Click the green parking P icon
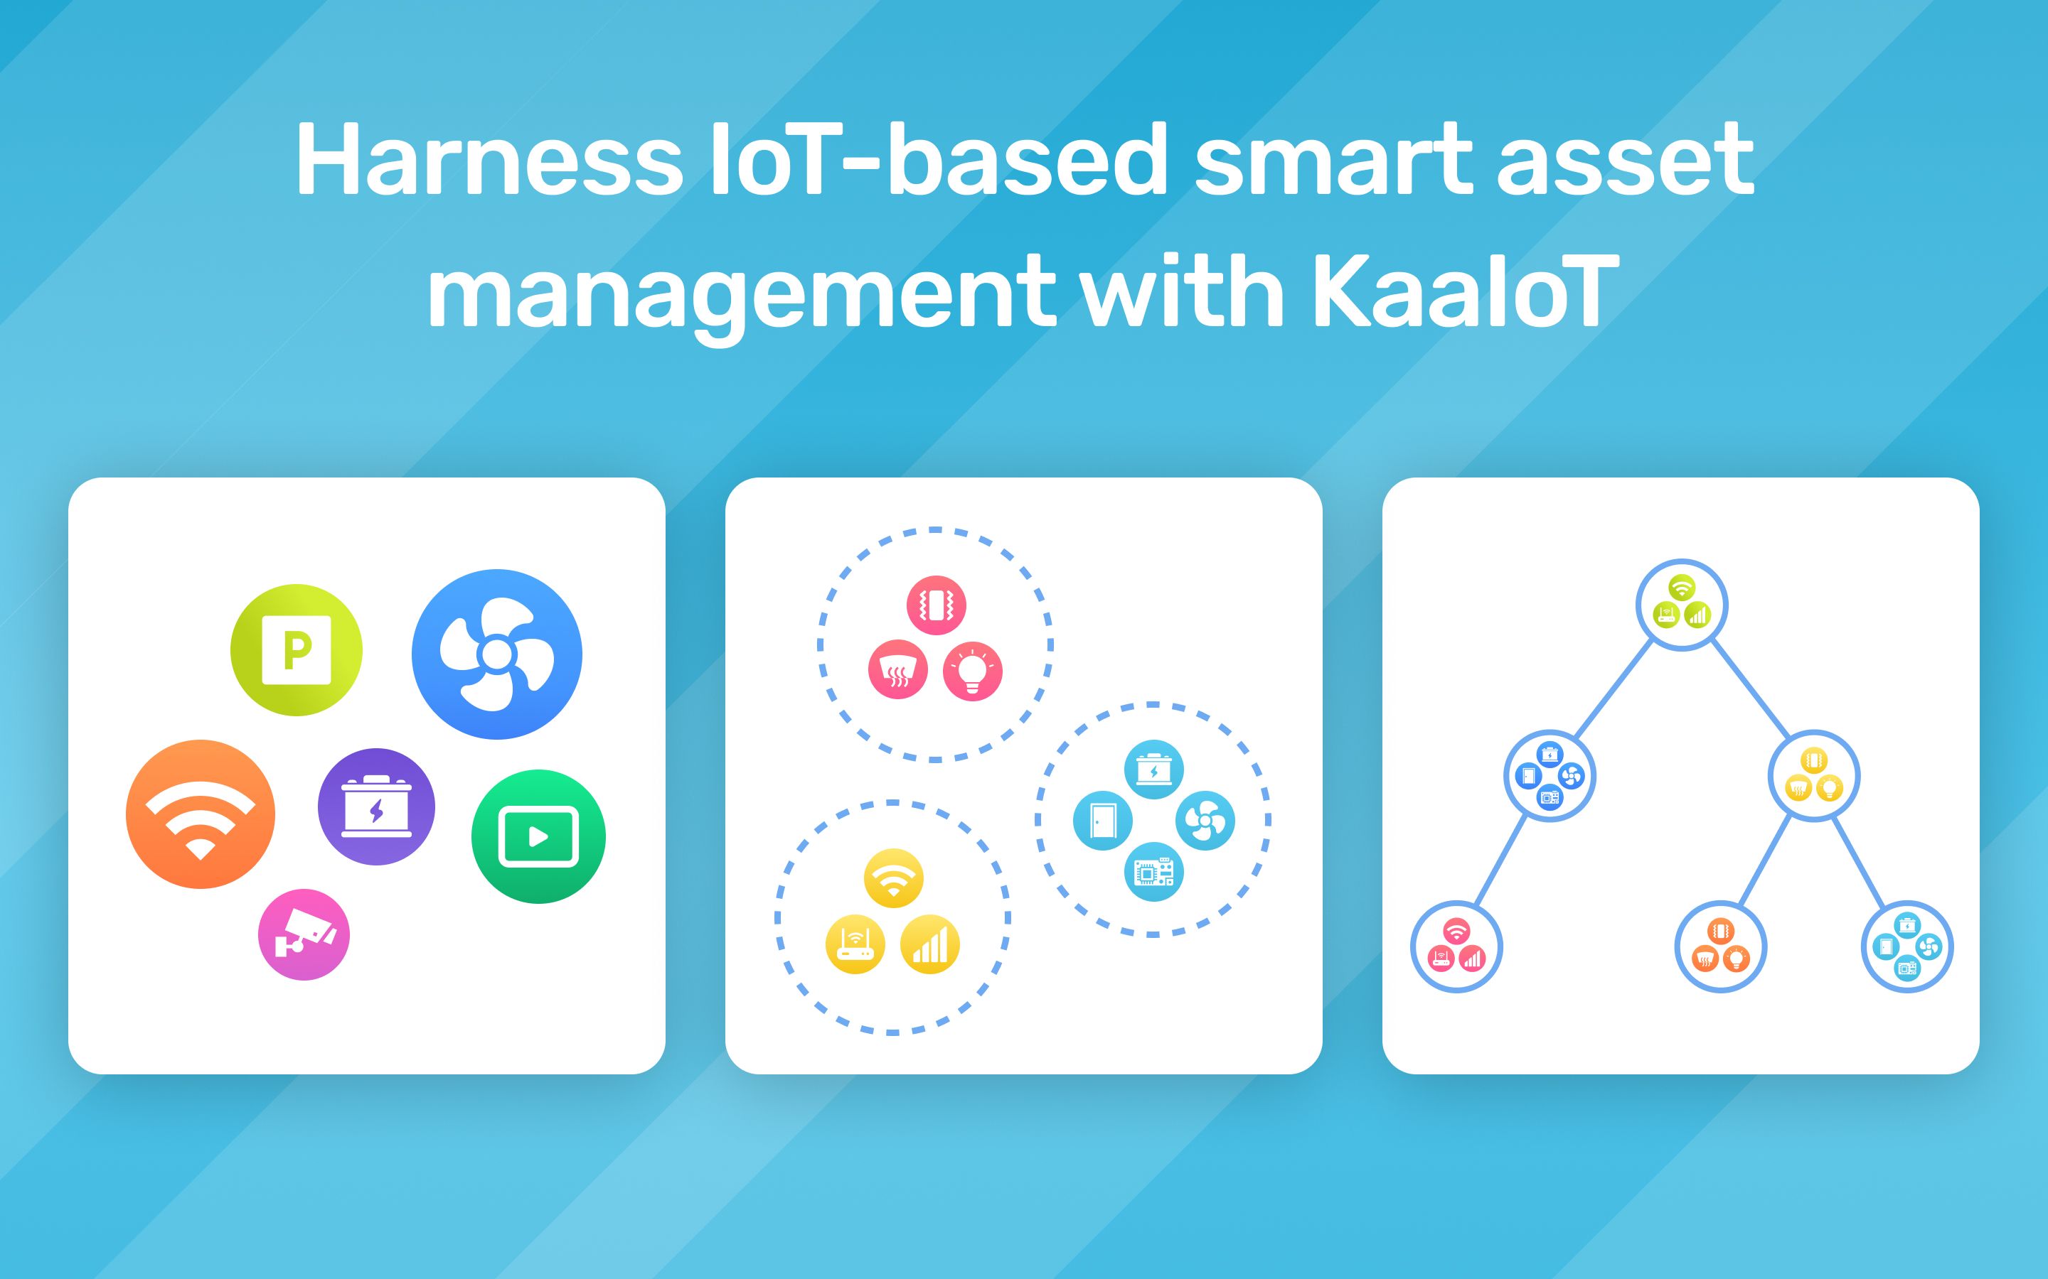pyautogui.click(x=297, y=649)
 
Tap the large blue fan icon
pyautogui.click(x=497, y=654)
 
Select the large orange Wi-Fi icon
pyautogui.click(x=201, y=814)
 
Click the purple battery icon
pyautogui.click(x=377, y=807)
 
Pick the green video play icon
pyautogui.click(x=538, y=836)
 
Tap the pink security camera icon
pyautogui.click(x=304, y=934)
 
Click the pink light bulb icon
pyautogui.click(x=972, y=671)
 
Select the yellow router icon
pyautogui.click(x=855, y=944)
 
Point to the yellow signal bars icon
pyautogui.click(x=930, y=944)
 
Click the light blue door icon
pyautogui.click(x=1103, y=821)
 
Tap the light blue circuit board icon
pyautogui.click(x=1154, y=872)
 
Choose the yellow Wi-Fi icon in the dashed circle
pyautogui.click(x=893, y=878)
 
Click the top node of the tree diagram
pyautogui.click(x=1682, y=605)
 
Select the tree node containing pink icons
pyautogui.click(x=1456, y=946)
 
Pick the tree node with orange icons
pyautogui.click(x=1720, y=946)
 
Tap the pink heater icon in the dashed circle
pyautogui.click(x=898, y=671)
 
